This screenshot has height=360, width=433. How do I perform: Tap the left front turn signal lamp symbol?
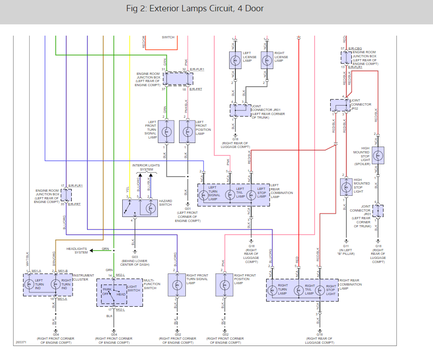tap(166, 131)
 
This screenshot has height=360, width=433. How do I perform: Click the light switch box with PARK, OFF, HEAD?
tap(114, 294)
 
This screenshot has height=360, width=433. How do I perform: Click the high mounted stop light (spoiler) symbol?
tap(378, 156)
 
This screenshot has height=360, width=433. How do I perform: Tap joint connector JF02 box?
tap(340, 105)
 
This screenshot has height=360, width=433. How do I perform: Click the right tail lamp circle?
tap(298, 290)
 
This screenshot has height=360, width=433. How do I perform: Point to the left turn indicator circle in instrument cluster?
tap(30, 285)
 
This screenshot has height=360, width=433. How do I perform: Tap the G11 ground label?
tap(346, 246)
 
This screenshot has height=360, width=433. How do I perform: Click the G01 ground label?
tap(187, 208)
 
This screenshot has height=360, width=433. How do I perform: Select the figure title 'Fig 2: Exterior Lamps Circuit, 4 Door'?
tap(195, 9)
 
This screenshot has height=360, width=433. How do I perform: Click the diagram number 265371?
tap(20, 342)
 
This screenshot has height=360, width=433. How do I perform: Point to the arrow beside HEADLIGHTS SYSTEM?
tap(92, 250)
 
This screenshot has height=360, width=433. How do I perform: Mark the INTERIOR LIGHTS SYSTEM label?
tap(146, 167)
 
